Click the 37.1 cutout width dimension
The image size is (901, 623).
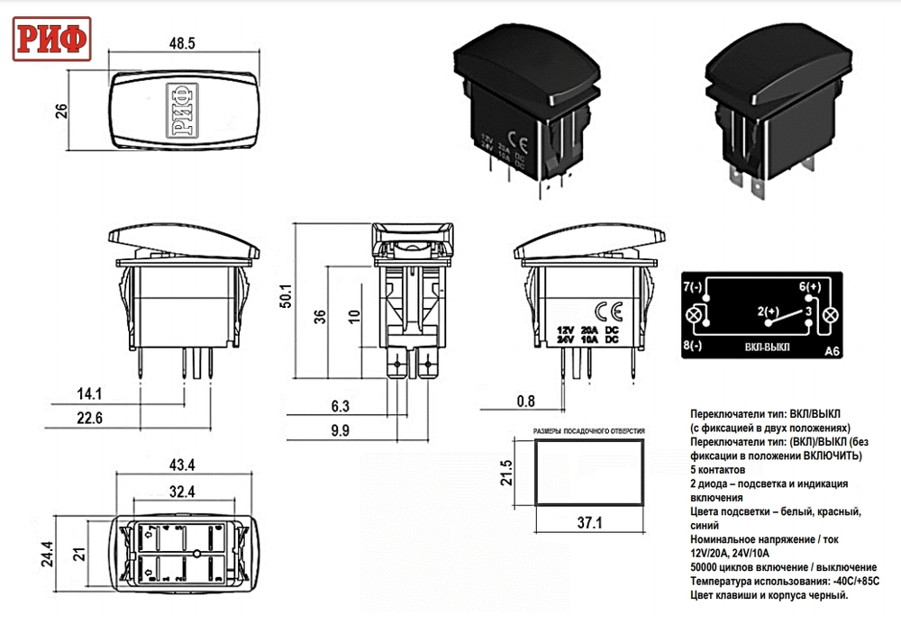(591, 522)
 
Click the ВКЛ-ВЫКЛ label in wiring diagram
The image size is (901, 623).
(767, 347)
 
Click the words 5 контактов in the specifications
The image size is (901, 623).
(717, 470)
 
